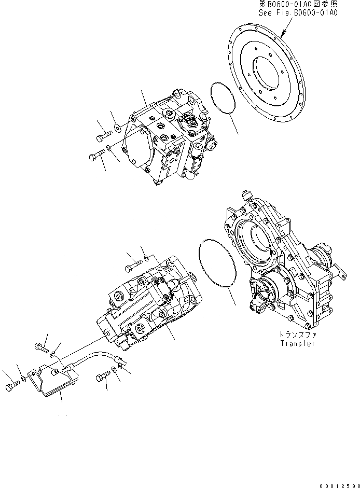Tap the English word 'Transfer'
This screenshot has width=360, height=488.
(x=298, y=343)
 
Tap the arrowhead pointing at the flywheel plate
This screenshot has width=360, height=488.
(x=284, y=34)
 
